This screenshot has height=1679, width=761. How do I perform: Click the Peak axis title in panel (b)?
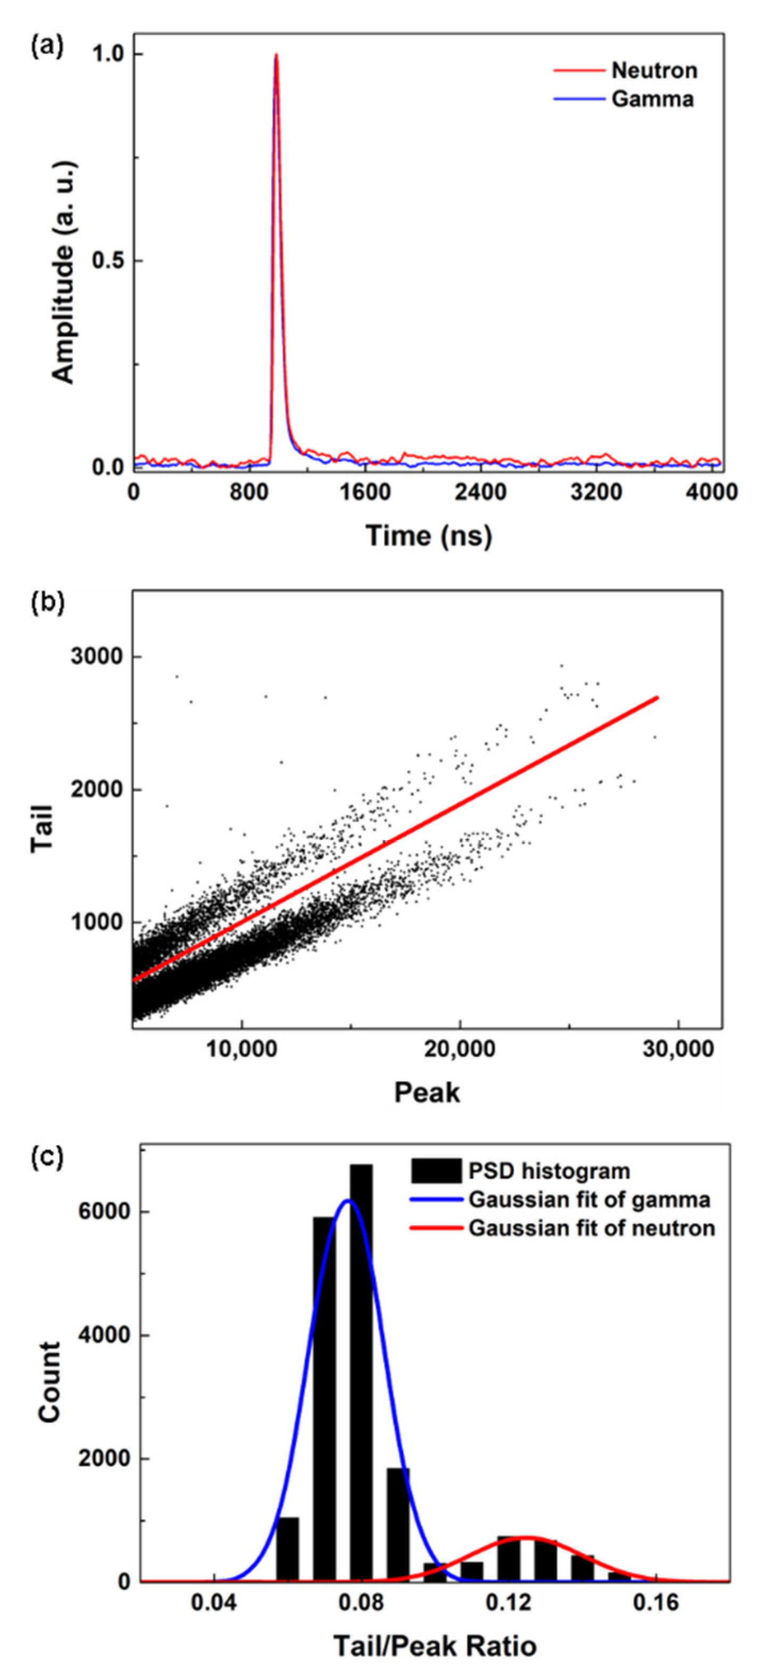pos(427,1093)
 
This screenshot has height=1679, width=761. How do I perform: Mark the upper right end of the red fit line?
pos(657,698)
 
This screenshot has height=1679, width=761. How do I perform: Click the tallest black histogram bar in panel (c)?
pos(361,1369)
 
